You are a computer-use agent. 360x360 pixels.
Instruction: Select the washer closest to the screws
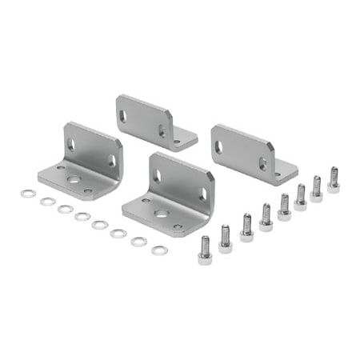pyautogui.click(x=160, y=250)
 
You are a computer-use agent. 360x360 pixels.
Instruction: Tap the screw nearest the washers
pyautogui.click(x=205, y=249)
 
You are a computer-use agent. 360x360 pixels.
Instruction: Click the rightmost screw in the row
pyautogui.click(x=334, y=179)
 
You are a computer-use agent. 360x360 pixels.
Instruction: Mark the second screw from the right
pyautogui.click(x=317, y=187)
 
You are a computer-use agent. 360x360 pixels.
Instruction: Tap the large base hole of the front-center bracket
pyautogui.click(x=160, y=214)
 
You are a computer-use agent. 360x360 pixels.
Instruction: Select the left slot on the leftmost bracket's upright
pyautogui.click(x=70, y=145)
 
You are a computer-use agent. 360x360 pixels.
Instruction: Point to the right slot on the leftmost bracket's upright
pyautogui.click(x=112, y=161)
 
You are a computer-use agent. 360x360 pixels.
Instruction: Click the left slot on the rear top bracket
pyautogui.click(x=123, y=115)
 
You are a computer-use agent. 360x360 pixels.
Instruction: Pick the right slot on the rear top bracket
pyautogui.click(x=162, y=130)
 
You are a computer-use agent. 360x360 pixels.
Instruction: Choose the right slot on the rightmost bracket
pyautogui.click(x=262, y=163)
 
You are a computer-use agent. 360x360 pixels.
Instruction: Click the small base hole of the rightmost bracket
pyautogui.click(x=278, y=174)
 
